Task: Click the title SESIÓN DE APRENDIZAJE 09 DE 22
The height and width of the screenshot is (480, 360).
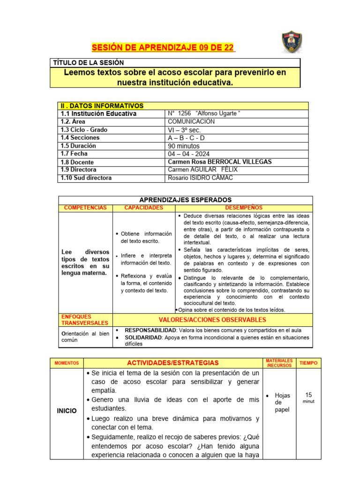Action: click(163, 48)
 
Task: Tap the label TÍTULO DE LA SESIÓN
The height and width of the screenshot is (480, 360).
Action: click(89, 63)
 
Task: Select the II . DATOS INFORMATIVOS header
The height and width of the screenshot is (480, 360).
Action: click(102, 106)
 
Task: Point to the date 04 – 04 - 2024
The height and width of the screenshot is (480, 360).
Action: click(189, 154)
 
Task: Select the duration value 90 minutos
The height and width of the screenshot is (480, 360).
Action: click(183, 146)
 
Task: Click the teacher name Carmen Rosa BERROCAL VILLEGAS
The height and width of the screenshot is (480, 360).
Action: click(219, 162)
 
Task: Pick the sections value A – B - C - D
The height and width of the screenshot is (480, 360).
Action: click(186, 138)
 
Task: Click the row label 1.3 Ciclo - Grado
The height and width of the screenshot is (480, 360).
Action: click(84, 130)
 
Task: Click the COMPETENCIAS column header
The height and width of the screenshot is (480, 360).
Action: click(85, 208)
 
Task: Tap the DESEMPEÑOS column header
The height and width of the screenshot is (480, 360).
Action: click(244, 208)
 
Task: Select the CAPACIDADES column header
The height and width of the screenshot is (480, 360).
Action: click(143, 208)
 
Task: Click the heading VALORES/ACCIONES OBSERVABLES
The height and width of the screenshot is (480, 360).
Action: click(212, 320)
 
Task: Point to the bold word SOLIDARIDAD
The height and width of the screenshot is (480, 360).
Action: click(143, 337)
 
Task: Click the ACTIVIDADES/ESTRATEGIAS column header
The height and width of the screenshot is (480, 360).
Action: click(173, 363)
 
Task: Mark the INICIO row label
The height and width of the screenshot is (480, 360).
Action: click(67, 411)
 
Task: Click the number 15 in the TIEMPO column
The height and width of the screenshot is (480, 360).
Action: click(308, 395)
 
